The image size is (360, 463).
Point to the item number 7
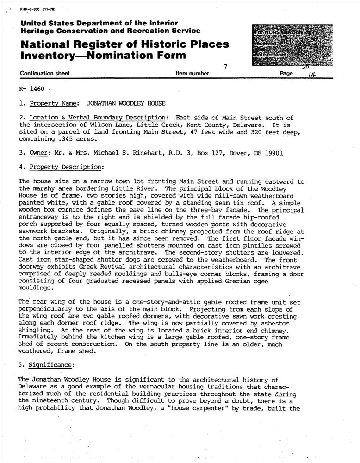(225, 67)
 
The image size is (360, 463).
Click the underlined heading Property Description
(66, 167)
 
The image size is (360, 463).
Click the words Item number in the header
(192, 73)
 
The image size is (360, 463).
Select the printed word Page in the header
(287, 73)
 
